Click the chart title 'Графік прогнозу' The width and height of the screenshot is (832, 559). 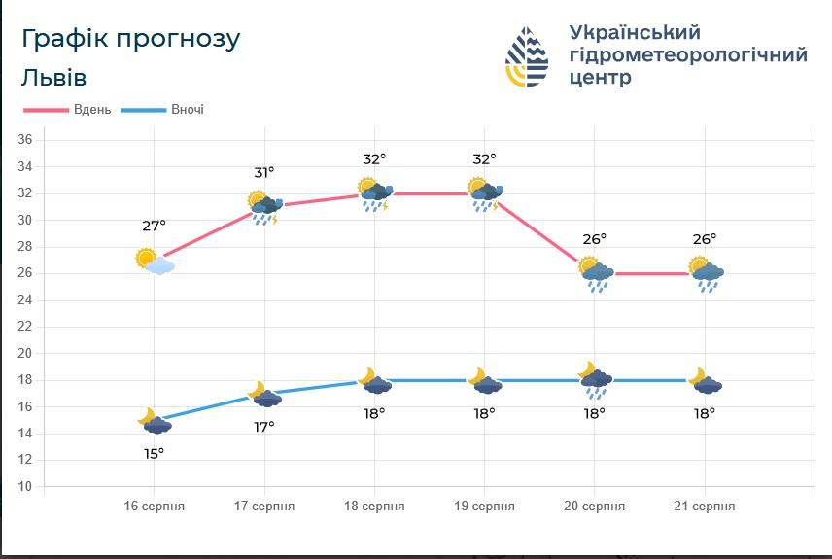130,39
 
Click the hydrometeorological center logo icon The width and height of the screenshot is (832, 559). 527,56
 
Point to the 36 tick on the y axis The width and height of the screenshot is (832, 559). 25,140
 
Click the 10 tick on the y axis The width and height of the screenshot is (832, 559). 25,486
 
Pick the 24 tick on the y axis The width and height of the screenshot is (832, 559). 25,299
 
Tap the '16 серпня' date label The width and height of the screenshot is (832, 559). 154,507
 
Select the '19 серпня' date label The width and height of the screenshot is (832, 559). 484,507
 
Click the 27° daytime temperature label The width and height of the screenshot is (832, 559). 154,226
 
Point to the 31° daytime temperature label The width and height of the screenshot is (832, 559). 264,172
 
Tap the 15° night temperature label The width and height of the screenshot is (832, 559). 154,453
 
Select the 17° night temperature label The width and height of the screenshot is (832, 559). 264,427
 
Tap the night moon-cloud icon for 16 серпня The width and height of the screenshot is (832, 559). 154,421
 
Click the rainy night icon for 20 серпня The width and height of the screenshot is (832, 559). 594,381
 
